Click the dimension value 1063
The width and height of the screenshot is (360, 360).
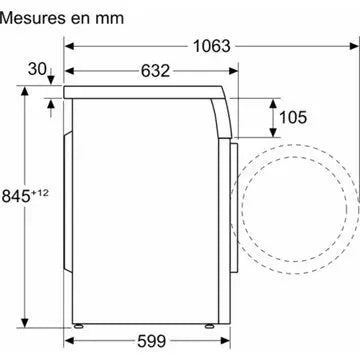pos(211,46)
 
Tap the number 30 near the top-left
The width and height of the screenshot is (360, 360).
pos(38,68)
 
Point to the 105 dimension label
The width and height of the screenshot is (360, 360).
pos(294,118)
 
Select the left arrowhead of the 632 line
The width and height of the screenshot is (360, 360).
pos(69,71)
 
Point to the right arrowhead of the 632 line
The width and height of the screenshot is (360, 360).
pos(236,71)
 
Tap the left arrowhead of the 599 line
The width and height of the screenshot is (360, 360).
pos(69,341)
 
